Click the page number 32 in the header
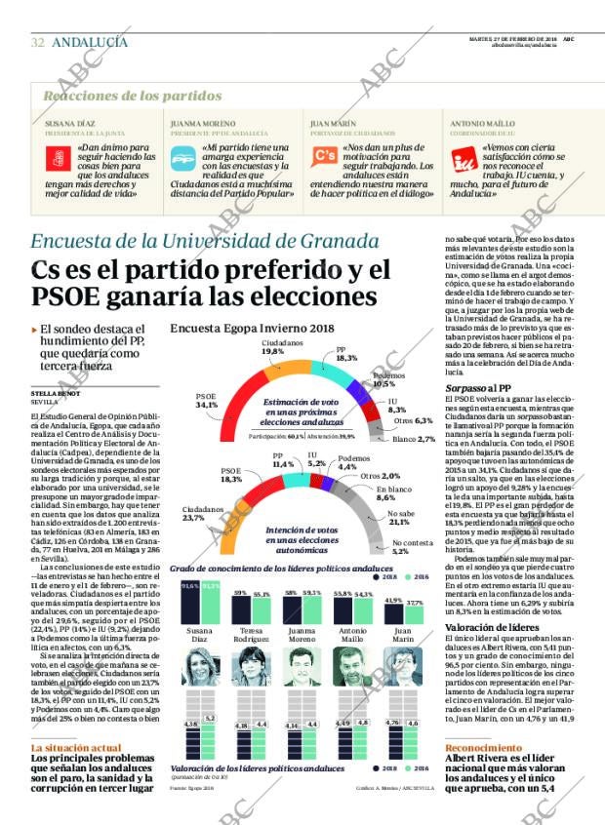point(37,42)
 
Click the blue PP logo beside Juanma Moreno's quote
point(183,157)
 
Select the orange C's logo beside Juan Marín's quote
point(323,157)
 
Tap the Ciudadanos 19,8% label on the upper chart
point(273,347)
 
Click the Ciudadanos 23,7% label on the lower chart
point(203,513)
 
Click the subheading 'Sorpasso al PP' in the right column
point(475,388)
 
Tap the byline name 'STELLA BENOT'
point(54,394)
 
